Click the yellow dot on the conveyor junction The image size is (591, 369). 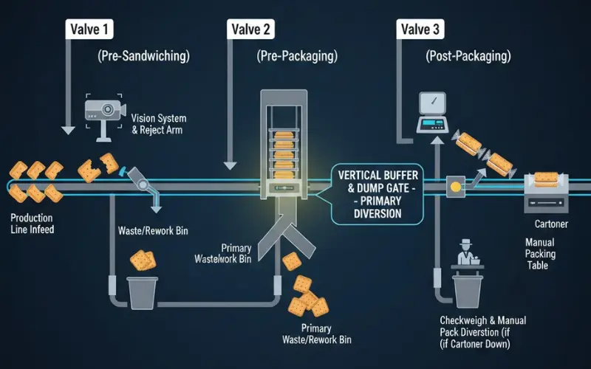click(x=455, y=187)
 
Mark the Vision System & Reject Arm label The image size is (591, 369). click(x=159, y=124)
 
